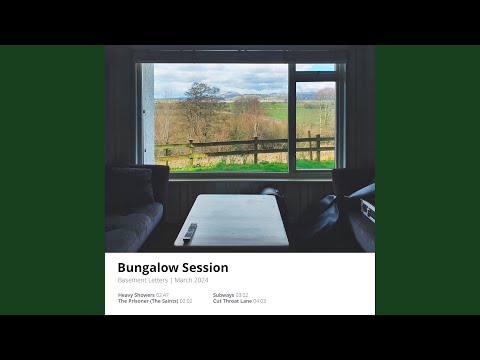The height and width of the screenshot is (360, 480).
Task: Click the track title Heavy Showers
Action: coord(136,295)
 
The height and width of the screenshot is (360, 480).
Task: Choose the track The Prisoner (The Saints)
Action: coord(148,301)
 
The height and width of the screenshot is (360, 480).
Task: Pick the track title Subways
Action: coord(223,295)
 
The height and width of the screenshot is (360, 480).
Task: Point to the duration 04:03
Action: coord(260,301)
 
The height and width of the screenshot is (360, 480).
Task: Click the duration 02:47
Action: coord(163,295)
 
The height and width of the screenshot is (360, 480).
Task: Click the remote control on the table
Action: coord(190,232)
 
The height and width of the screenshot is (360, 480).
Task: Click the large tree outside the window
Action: coord(203,105)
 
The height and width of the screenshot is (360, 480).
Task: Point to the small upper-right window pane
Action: coord(315,68)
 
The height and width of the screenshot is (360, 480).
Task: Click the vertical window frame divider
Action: coord(291,115)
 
